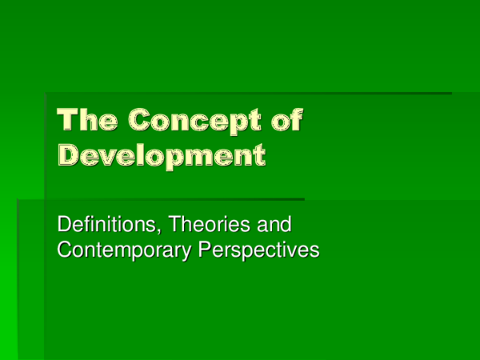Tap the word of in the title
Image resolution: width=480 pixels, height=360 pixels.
click(x=289, y=121)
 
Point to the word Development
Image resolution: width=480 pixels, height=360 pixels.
click(x=160, y=153)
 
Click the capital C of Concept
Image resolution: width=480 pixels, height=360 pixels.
click(x=141, y=121)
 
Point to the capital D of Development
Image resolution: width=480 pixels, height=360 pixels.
click(x=70, y=153)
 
